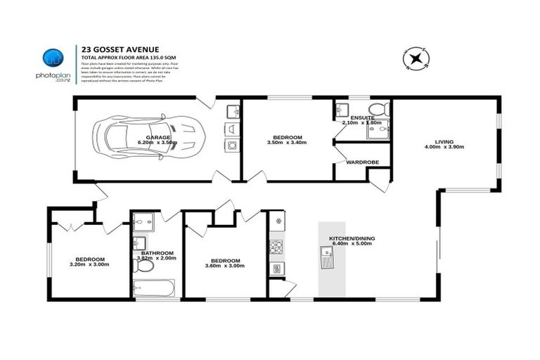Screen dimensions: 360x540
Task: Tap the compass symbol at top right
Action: [x=415, y=59]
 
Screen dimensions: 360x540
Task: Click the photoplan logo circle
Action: [x=53, y=58]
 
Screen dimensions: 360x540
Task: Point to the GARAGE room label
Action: [x=157, y=136]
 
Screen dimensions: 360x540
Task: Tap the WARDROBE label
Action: [x=362, y=162]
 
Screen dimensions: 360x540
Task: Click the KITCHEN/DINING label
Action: [x=352, y=238]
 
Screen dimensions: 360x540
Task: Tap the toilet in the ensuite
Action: [x=379, y=109]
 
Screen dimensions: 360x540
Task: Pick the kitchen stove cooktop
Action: [x=276, y=247]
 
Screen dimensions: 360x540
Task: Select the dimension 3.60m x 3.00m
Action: [x=225, y=265]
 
